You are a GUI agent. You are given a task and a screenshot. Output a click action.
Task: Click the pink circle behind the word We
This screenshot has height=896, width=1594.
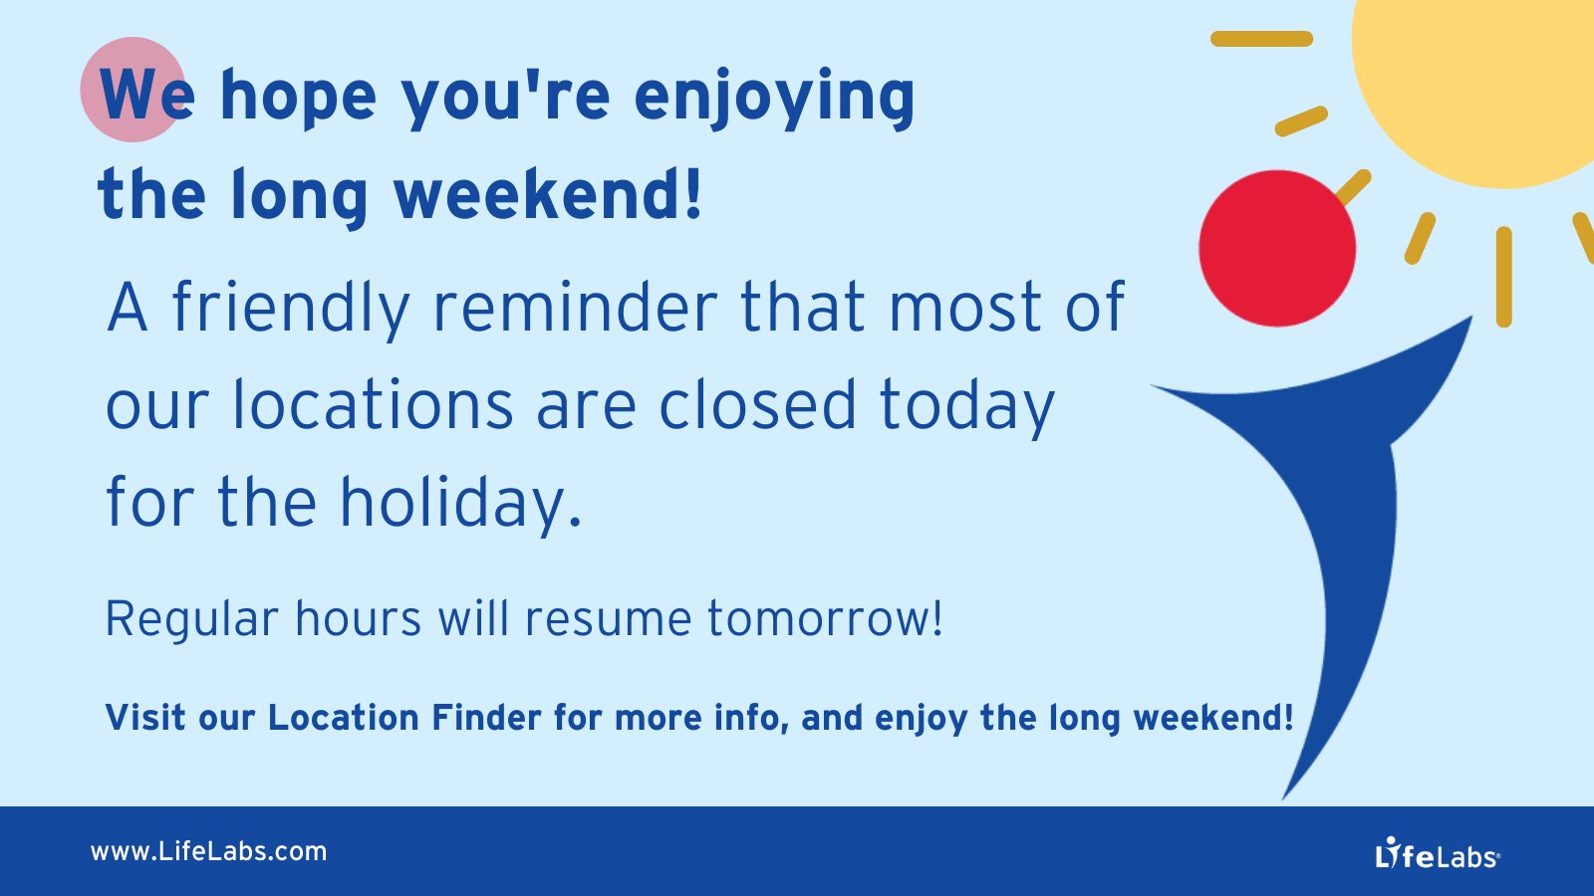click(x=125, y=80)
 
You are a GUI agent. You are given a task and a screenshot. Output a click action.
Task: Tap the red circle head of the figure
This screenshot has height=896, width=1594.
click(x=1276, y=249)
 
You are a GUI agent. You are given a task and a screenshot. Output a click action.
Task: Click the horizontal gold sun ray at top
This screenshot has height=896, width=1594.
click(x=1261, y=39)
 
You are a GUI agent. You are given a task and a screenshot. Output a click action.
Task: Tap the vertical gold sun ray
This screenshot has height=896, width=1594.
click(x=1503, y=277)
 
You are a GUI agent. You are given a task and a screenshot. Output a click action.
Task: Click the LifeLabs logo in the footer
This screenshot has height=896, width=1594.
click(x=1437, y=854)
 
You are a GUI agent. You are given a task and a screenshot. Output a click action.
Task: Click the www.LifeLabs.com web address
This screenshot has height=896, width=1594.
click(x=208, y=852)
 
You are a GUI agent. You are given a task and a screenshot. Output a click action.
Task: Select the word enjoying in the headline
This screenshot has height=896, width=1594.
click(x=774, y=97)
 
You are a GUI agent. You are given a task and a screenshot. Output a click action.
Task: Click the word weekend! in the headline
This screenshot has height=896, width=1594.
click(x=548, y=194)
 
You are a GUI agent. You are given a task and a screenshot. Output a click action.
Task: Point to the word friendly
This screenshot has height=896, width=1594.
click(x=291, y=308)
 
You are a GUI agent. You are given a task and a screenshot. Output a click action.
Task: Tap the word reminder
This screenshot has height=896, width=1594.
click(x=575, y=308)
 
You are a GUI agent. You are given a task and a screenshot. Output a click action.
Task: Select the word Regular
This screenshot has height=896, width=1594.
click(x=191, y=619)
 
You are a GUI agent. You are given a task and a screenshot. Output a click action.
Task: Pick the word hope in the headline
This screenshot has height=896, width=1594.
click(x=298, y=97)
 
